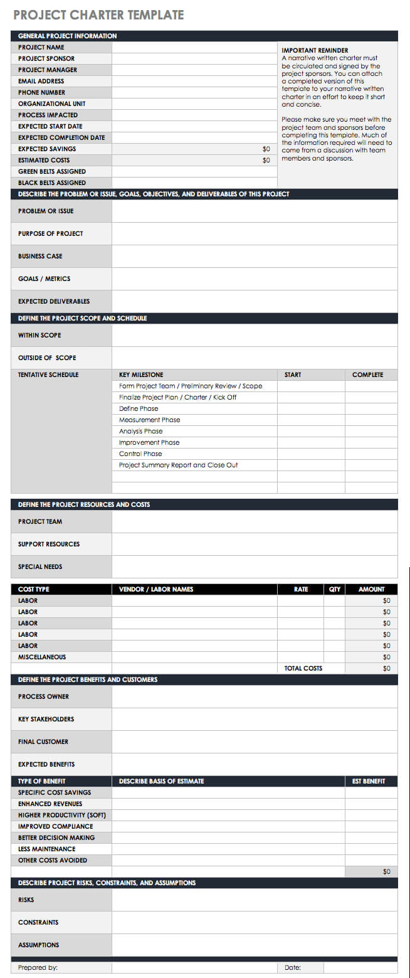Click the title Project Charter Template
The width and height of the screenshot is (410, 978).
(x=98, y=14)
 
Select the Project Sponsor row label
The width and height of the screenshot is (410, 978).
(x=46, y=58)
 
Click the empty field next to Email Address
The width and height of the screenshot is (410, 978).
(x=194, y=81)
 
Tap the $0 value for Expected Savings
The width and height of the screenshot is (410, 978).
(x=266, y=149)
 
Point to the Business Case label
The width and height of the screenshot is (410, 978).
(x=40, y=256)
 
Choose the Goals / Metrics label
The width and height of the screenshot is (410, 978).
(x=44, y=279)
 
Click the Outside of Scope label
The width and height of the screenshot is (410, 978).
(x=47, y=358)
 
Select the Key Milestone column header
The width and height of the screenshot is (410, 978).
(x=141, y=375)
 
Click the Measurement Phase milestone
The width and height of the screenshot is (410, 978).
(x=149, y=420)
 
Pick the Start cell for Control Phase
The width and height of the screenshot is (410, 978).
(x=311, y=454)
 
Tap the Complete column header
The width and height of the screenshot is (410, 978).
(x=367, y=375)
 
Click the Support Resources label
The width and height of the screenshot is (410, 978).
(x=49, y=544)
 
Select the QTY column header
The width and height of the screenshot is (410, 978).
(x=335, y=589)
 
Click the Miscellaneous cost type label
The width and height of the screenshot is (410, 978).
(x=42, y=657)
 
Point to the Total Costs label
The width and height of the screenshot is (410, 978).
(x=303, y=668)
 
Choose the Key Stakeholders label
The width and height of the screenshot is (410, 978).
(x=46, y=719)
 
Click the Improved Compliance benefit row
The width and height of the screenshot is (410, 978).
(x=55, y=826)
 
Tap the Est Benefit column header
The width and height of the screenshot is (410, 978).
(x=369, y=781)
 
